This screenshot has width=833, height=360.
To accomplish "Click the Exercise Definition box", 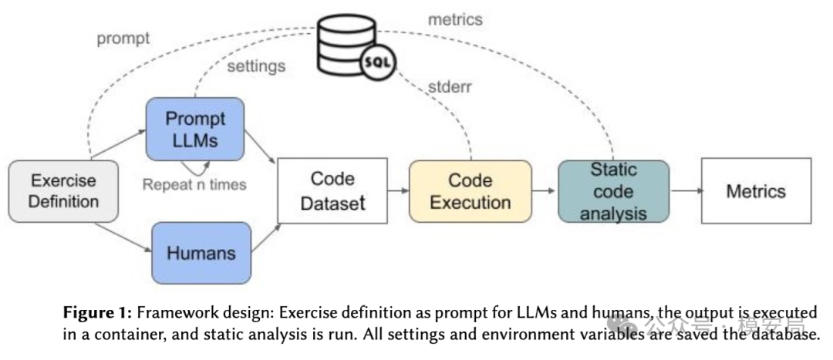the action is [x=63, y=191].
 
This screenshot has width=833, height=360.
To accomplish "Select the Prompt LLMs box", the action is [x=195, y=129].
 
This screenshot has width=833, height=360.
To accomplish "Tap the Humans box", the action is [x=201, y=253].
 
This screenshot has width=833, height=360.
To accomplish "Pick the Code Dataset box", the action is [x=332, y=190].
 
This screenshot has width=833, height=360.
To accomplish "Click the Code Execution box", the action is [x=470, y=191].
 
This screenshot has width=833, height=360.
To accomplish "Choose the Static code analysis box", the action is [x=614, y=191].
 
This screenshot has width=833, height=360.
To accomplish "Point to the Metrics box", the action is [x=756, y=190].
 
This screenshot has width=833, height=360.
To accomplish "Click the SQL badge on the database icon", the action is [x=378, y=62].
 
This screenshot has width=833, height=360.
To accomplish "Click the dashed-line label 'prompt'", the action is [x=123, y=39].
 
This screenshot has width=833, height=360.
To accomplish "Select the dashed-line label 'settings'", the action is [x=257, y=66].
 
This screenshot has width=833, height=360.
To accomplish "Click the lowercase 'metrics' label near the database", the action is [x=455, y=19].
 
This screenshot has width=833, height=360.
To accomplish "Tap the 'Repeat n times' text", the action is [x=194, y=184].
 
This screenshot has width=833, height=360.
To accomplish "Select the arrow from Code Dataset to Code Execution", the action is [x=399, y=190].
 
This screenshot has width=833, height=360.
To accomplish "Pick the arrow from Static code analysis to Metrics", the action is [x=686, y=190].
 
